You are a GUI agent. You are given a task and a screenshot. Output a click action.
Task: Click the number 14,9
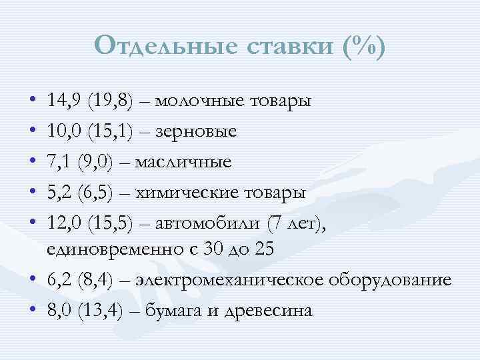64,101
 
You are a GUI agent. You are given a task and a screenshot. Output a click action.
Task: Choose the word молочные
201,101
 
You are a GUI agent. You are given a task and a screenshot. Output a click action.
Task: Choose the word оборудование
389,280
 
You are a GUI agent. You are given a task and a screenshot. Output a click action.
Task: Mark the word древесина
275,311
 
